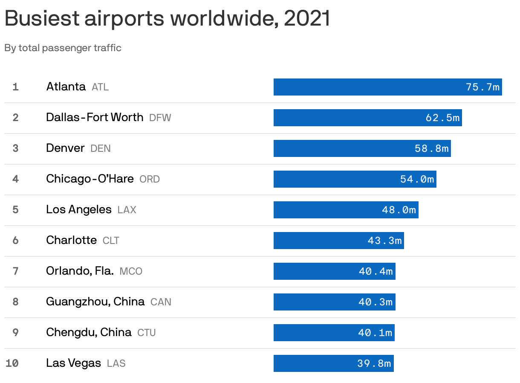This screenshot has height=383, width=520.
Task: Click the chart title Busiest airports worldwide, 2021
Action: [x=167, y=18]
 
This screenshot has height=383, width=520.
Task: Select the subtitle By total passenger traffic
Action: [x=63, y=48]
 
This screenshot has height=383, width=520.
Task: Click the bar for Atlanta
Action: [x=367, y=87]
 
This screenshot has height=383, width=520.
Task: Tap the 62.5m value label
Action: [x=442, y=118]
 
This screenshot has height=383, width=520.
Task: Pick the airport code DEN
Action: [x=101, y=148]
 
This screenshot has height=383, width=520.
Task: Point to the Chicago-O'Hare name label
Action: [x=90, y=179]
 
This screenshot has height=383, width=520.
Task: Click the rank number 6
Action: [x=16, y=241]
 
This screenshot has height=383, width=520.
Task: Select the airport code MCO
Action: [x=131, y=271]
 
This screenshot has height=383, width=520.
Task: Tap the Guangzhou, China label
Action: [x=95, y=302]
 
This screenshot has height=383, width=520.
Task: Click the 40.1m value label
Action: [x=375, y=333]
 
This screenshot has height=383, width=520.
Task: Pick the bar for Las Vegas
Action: [x=315, y=363]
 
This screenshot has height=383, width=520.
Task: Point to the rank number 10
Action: [x=12, y=363]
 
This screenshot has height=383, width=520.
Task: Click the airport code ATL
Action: [x=100, y=87]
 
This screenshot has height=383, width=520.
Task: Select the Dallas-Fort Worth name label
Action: [x=95, y=117]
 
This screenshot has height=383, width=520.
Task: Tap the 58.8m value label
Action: [x=431, y=148]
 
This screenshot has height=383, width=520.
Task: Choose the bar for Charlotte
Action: [x=320, y=241]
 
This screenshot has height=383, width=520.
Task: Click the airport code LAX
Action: [x=127, y=210]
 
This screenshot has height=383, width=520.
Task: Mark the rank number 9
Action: [x=16, y=333]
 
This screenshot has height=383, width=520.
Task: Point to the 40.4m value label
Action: [x=376, y=271]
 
